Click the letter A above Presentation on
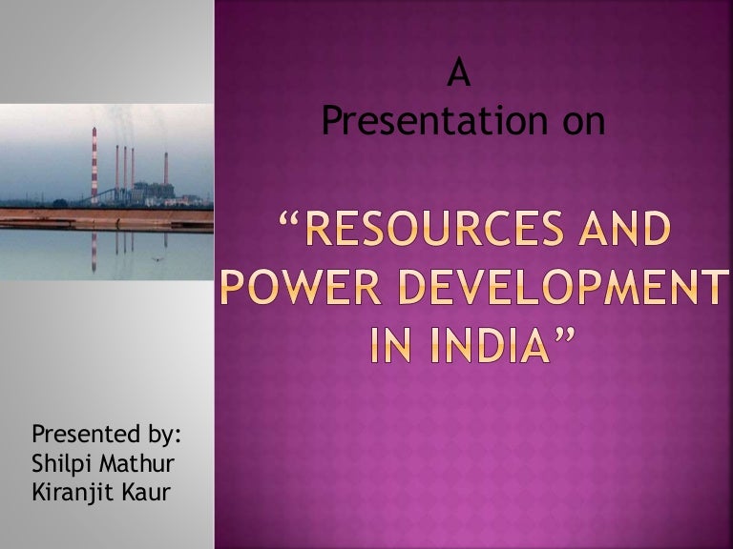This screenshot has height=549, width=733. coord(460,76)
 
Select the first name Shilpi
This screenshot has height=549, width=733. coord(62,467)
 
